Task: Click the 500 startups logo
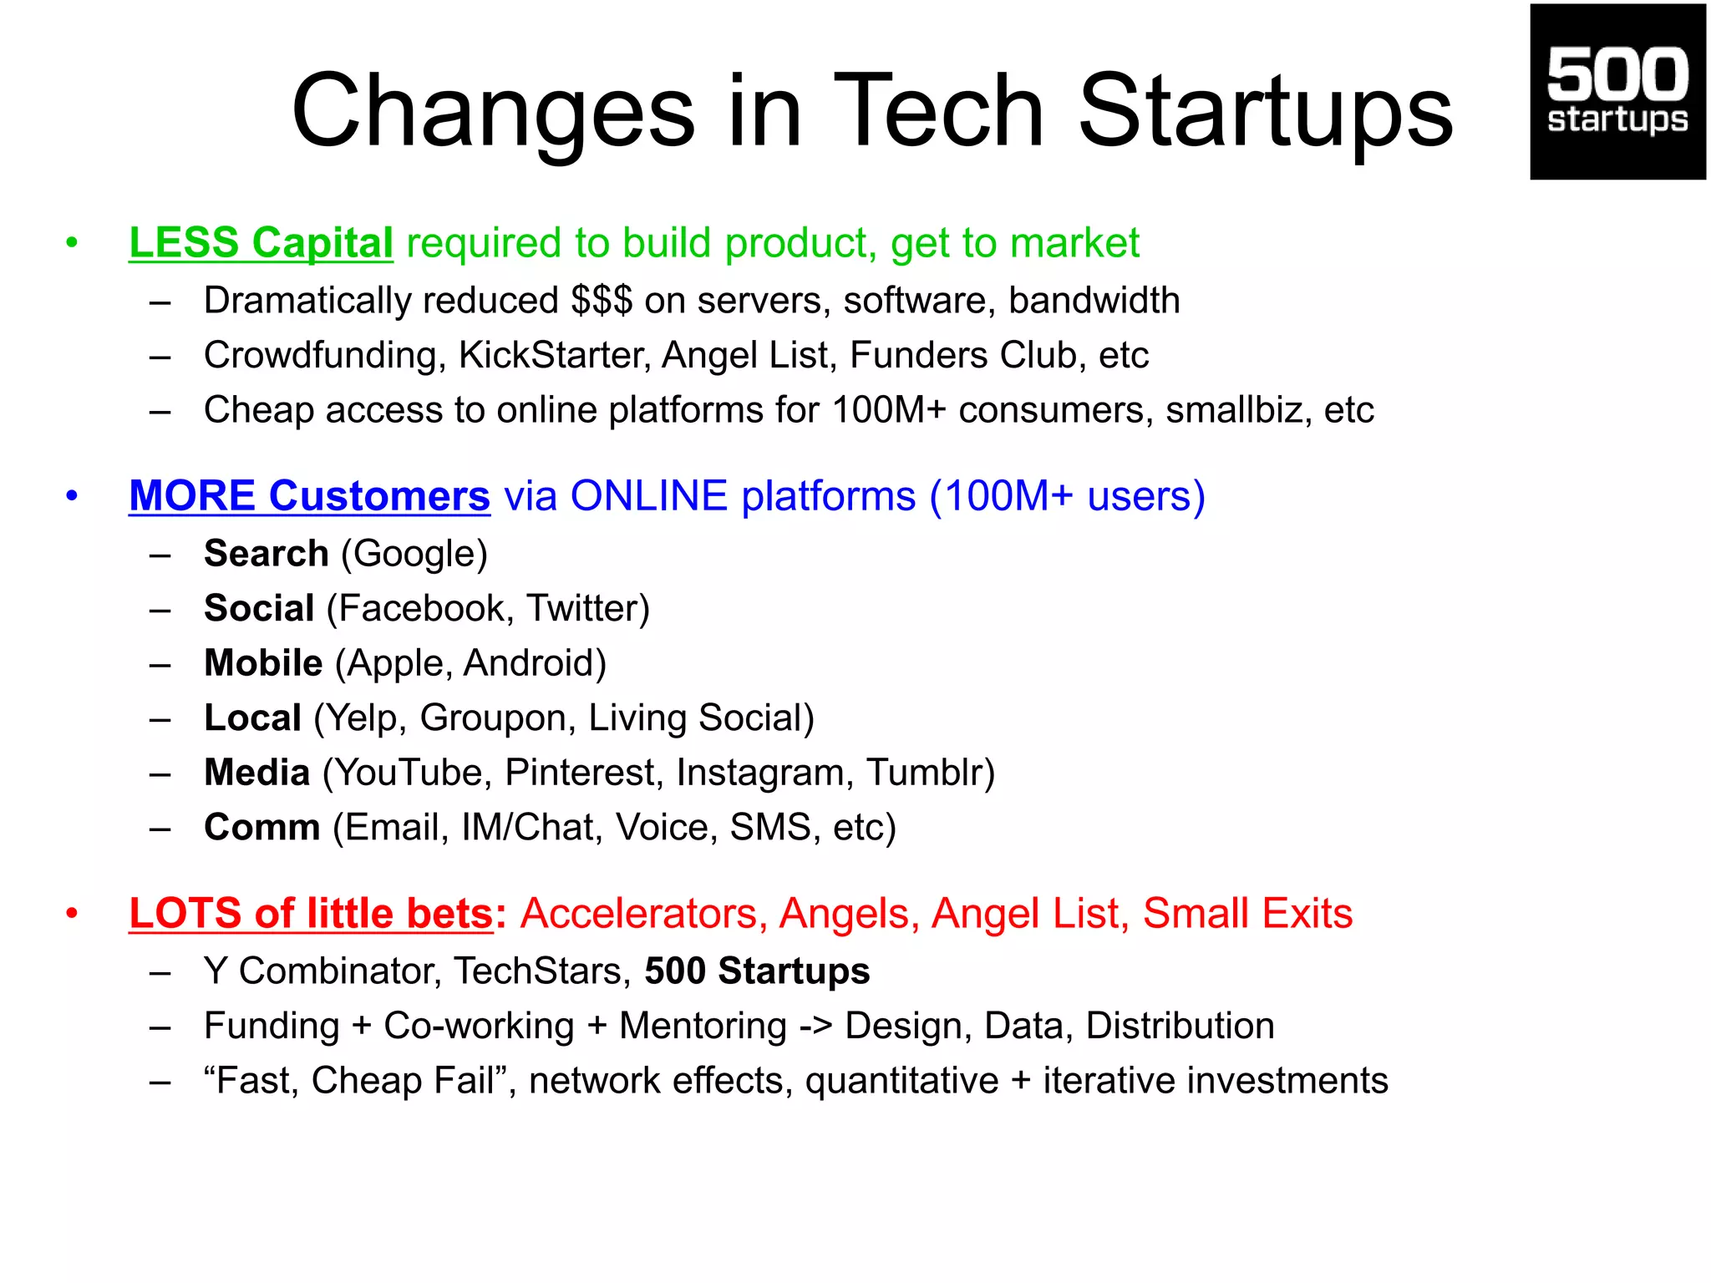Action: [x=1617, y=92]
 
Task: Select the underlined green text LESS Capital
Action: [x=261, y=243]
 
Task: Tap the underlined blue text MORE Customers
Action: [x=309, y=496]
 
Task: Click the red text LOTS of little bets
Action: [x=312, y=913]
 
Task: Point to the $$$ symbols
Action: [x=602, y=301]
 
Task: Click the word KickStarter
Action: [x=553, y=355]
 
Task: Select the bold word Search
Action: [x=266, y=554]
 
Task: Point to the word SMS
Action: [x=769, y=828]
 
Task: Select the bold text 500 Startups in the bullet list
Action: [x=757, y=971]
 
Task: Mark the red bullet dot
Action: [x=73, y=914]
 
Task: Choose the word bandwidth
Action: [x=1094, y=301]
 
